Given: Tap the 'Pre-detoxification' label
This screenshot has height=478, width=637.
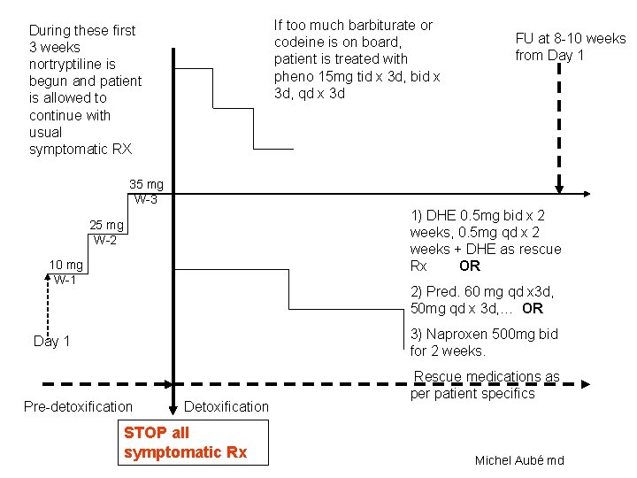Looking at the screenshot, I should click(x=78, y=406).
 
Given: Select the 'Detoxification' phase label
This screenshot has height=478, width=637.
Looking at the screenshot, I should click(x=227, y=406).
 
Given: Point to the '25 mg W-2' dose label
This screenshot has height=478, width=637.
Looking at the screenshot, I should click(x=106, y=232).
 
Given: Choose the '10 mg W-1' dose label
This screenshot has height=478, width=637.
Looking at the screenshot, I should click(x=66, y=273).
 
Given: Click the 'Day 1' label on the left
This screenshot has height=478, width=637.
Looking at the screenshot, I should click(x=52, y=341).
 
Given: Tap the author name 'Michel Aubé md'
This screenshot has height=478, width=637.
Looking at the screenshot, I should click(x=519, y=460).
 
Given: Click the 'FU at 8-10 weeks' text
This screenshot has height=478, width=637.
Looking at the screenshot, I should click(x=570, y=38).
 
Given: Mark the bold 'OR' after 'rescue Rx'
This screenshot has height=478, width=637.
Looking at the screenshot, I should click(x=470, y=266).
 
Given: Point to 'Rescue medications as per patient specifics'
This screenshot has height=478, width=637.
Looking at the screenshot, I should click(x=486, y=385).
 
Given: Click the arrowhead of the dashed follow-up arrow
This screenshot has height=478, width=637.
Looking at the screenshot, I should click(x=559, y=187).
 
